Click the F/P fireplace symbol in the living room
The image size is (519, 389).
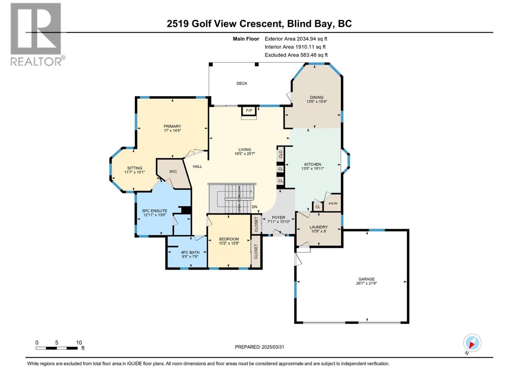click(249, 111)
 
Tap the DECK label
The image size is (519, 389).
click(242, 83)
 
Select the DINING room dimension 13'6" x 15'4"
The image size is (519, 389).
click(316, 101)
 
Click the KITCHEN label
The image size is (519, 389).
click(313, 164)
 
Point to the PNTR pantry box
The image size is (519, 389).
click(333, 204)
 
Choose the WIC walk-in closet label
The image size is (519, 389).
click(173, 171)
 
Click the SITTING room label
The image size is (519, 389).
click(135, 168)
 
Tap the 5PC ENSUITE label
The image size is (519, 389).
click(155, 211)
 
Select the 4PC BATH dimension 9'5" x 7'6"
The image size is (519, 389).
click(190, 256)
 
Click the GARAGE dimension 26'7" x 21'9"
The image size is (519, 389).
click(367, 283)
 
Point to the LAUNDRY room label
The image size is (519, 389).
click(319, 227)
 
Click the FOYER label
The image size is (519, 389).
click(278, 218)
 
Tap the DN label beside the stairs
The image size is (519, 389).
click(254, 207)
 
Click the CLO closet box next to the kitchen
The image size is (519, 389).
click(281, 154)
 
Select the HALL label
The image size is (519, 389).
click(197, 166)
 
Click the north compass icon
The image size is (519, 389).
click(472, 343)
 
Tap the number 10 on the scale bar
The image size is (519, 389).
click(79, 343)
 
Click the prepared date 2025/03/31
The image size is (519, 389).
click(272, 347)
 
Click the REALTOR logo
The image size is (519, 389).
click(36, 34)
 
